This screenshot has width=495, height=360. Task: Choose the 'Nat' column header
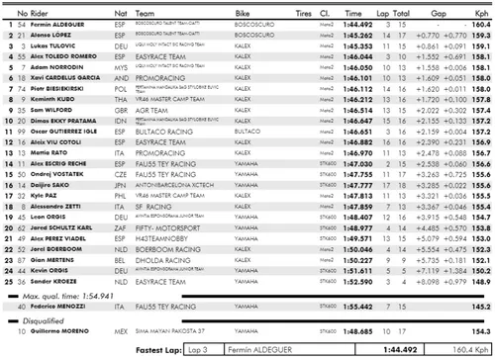121,9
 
